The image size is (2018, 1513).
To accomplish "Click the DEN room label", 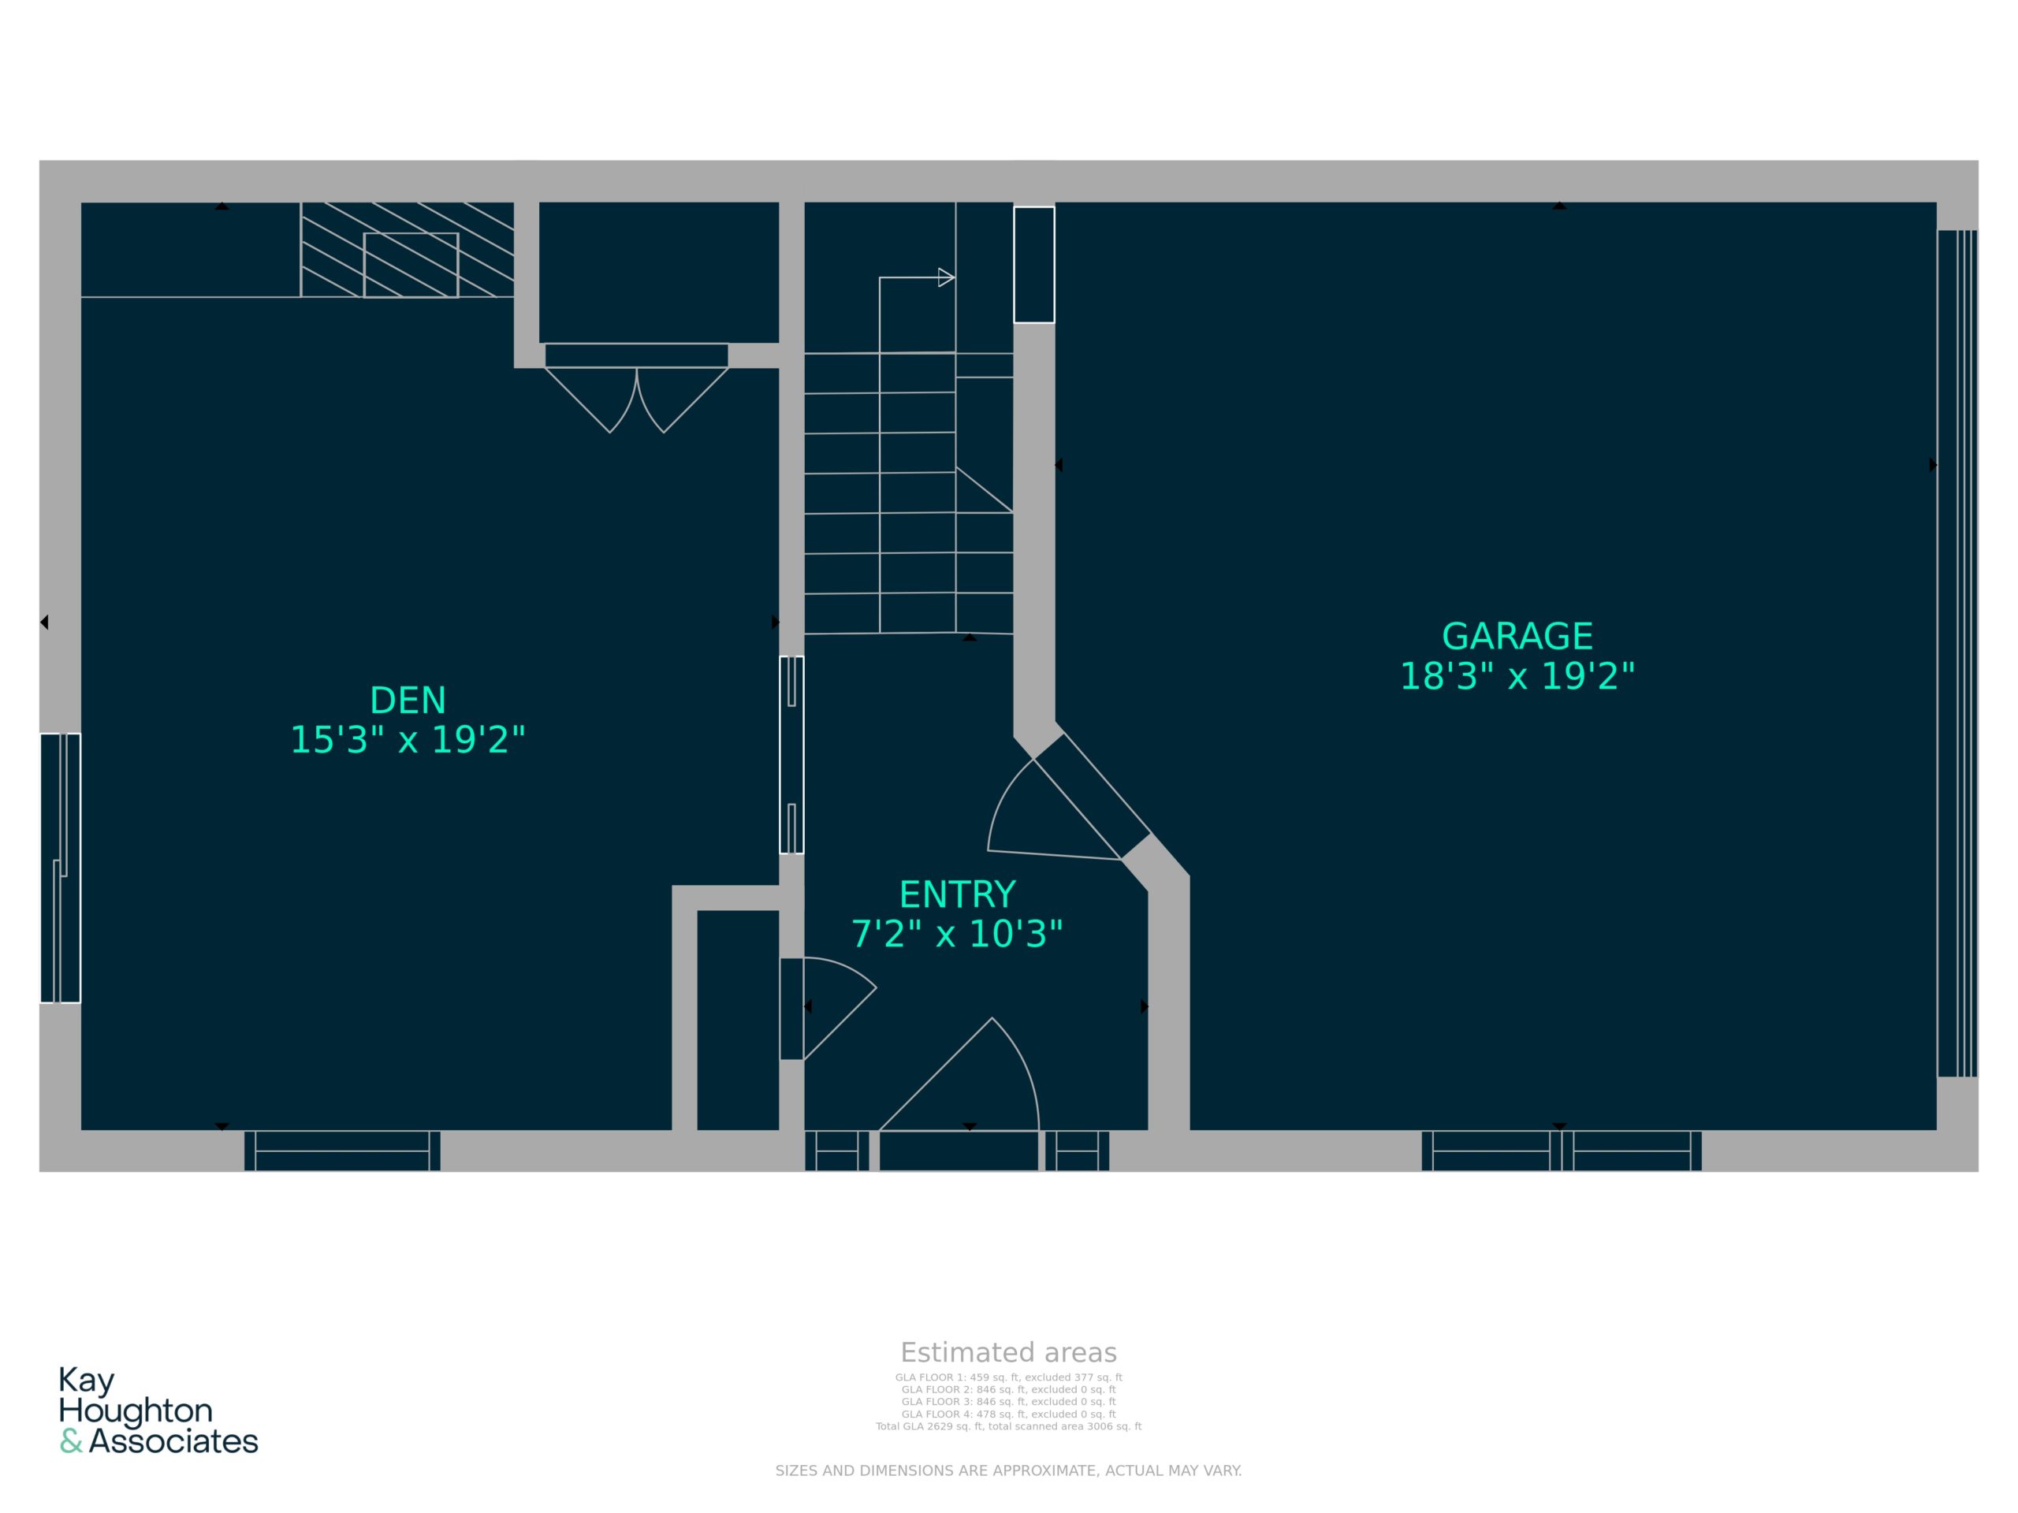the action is (x=408, y=701).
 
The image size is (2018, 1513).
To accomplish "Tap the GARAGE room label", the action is (x=1517, y=636).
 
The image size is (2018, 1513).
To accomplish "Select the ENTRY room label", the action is (x=957, y=894).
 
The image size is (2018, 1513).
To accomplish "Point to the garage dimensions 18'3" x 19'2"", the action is (x=1517, y=676).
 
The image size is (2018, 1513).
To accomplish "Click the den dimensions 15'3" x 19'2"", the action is (x=408, y=740).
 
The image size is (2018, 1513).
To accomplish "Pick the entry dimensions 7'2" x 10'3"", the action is (x=957, y=934).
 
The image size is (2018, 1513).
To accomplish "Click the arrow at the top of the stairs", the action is (x=946, y=277).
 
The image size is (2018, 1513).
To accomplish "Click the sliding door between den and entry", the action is (x=791, y=755).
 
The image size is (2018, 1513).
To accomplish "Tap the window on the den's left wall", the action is (x=60, y=868).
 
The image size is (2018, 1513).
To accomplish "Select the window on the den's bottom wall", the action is (x=342, y=1151).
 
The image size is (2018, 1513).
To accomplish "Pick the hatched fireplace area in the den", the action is (x=407, y=250).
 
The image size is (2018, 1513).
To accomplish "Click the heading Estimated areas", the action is (x=1008, y=1352).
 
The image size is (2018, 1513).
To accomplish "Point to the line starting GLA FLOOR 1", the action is (x=1008, y=1378).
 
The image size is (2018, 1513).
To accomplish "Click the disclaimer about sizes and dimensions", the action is (x=1008, y=1470).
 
